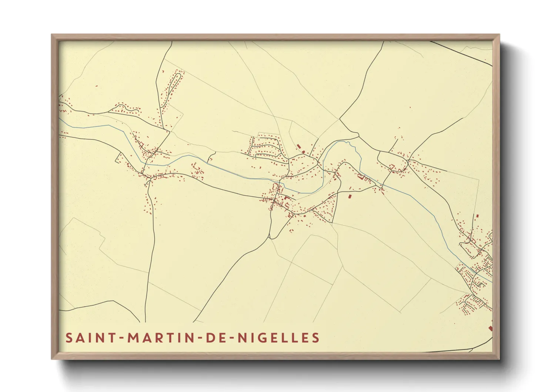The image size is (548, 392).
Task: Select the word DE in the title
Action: click(214, 338)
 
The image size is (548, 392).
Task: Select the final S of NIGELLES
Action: click(315, 338)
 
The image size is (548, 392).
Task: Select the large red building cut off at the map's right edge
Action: click(490, 328)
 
